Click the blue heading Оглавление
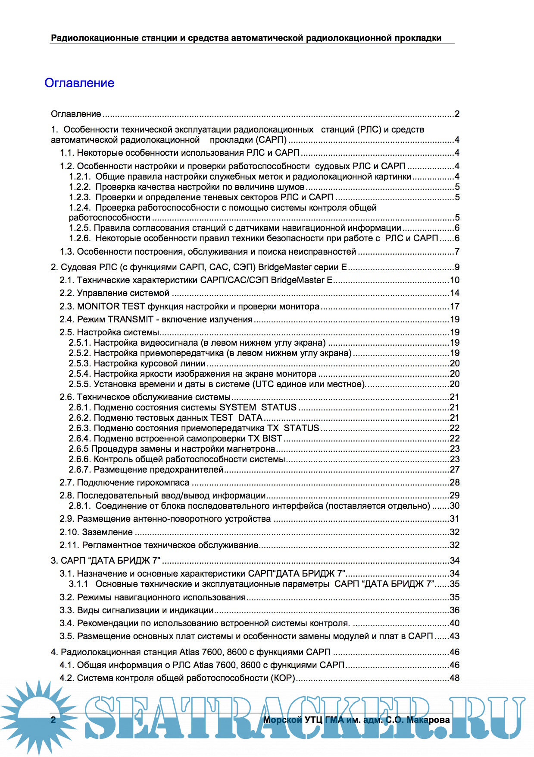click(x=79, y=83)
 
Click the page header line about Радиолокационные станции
click(x=246, y=38)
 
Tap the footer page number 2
click(x=53, y=719)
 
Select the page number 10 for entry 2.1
click(x=454, y=280)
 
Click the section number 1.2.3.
click(x=80, y=197)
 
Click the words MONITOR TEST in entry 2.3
click(x=111, y=306)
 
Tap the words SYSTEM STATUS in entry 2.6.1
click(x=258, y=407)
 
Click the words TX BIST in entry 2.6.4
click(x=265, y=438)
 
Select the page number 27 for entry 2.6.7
click(x=454, y=470)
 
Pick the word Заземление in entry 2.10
click(x=107, y=532)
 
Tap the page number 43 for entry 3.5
click(x=454, y=636)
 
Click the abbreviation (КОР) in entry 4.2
click(x=283, y=678)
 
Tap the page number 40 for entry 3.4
click(x=454, y=623)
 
